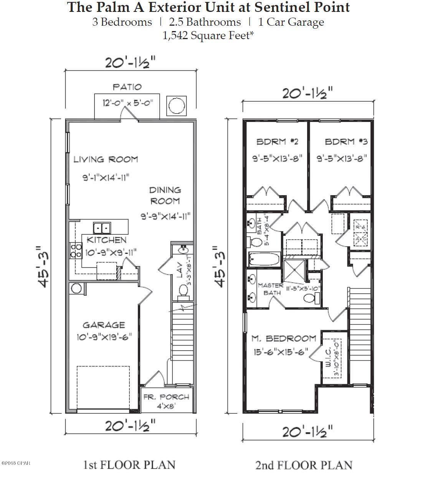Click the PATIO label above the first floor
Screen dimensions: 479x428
click(127, 87)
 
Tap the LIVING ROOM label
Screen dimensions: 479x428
click(106, 159)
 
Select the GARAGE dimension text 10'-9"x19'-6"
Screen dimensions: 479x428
click(104, 337)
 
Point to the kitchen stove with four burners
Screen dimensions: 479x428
click(76, 250)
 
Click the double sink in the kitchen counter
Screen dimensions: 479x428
click(101, 228)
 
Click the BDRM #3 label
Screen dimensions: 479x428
click(346, 142)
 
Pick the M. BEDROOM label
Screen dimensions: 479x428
click(284, 338)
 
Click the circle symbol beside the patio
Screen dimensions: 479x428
click(177, 106)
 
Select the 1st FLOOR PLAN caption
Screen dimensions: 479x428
click(129, 465)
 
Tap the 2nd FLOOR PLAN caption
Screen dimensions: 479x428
click(304, 465)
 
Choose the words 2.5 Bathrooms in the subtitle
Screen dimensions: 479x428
click(205, 22)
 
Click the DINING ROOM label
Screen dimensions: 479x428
click(165, 195)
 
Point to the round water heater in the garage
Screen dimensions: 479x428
click(76, 288)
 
